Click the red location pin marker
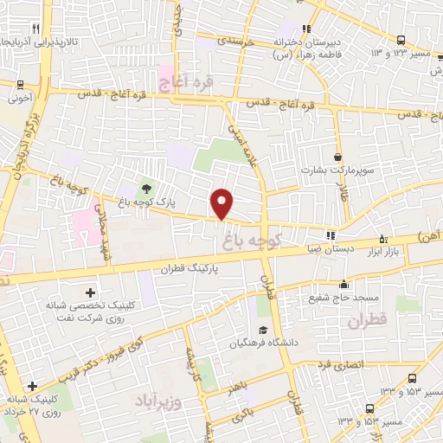[x=222, y=202]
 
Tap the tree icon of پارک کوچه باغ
[x=144, y=188]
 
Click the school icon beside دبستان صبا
[x=329, y=235]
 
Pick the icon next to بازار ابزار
[x=383, y=240]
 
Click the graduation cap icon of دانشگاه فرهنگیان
[x=261, y=330]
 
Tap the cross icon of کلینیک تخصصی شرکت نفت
[x=90, y=292]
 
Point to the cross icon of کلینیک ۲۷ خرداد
[x=32, y=386]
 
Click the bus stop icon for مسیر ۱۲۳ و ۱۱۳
[x=401, y=40]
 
